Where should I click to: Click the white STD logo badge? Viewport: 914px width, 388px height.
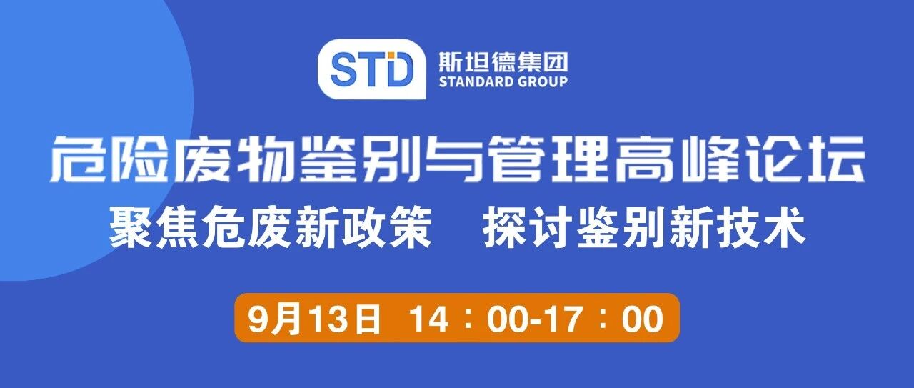click(372, 69)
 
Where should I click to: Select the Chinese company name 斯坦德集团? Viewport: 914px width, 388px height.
click(503, 63)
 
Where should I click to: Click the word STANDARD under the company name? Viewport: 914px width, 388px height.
click(476, 82)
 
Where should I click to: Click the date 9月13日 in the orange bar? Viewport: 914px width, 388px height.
click(313, 319)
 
